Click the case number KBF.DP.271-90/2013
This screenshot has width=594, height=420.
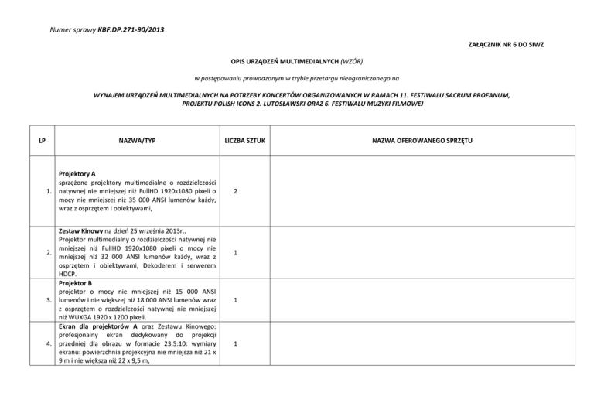[x=131, y=30]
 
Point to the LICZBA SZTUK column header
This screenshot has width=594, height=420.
[x=244, y=140]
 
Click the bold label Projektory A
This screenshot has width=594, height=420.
[x=81, y=176]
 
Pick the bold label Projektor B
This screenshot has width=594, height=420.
[x=78, y=283]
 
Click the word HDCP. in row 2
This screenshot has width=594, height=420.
[x=70, y=273]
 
